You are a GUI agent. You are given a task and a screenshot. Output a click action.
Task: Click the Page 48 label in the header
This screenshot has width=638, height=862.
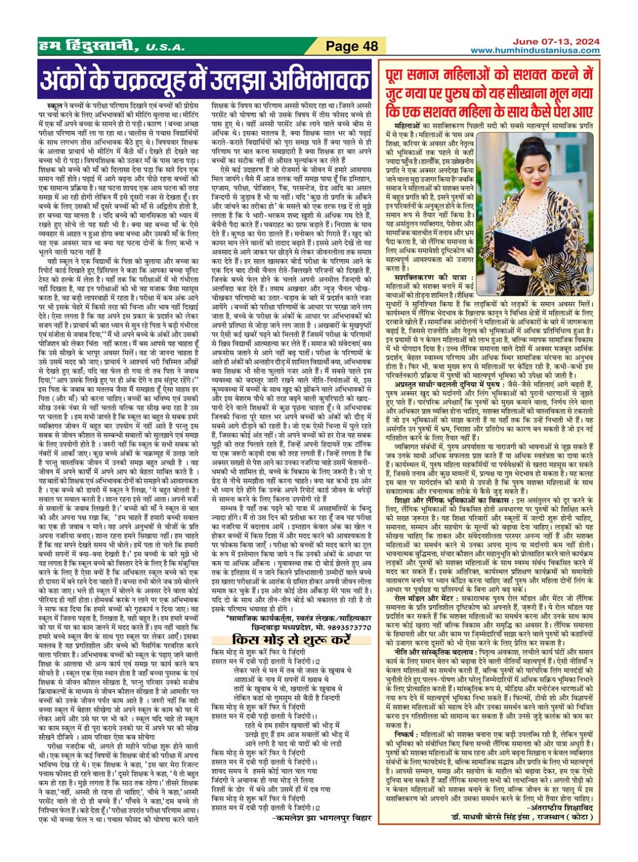tap(352, 46)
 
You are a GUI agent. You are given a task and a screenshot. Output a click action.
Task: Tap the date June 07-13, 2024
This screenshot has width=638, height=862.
tap(556, 42)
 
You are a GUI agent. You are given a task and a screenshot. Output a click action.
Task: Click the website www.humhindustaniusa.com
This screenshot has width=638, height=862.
tap(535, 51)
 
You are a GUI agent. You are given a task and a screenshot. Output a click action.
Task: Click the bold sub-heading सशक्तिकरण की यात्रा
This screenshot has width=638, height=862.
tap(434, 278)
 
